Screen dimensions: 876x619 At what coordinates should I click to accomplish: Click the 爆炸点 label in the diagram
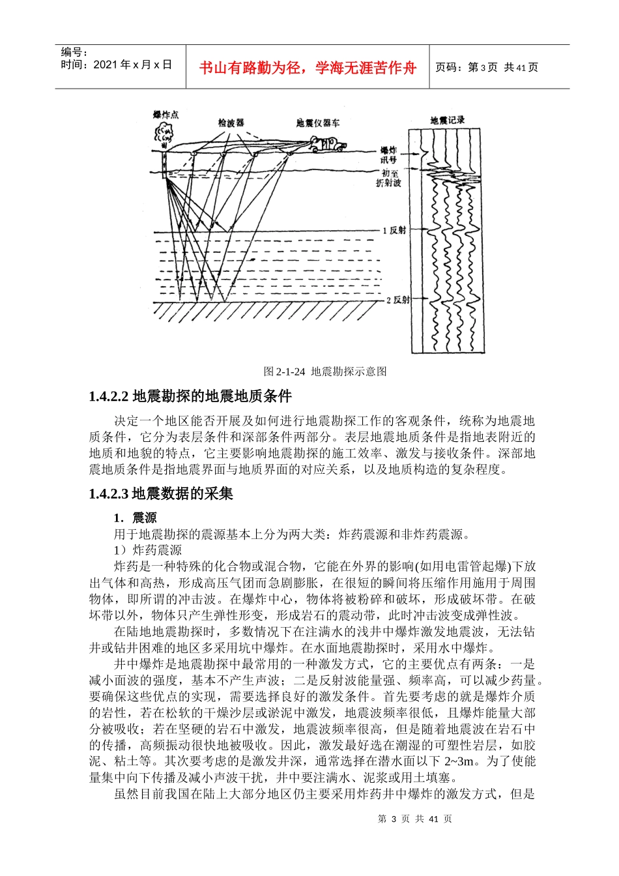pyautogui.click(x=166, y=115)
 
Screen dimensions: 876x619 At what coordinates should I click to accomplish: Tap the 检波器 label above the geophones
pyautogui.click(x=231, y=123)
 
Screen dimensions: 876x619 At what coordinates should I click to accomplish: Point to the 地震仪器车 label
pyautogui.click(x=317, y=123)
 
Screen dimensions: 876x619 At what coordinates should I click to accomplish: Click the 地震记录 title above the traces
pyautogui.click(x=447, y=120)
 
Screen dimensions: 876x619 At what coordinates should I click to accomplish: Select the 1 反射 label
pyautogui.click(x=394, y=231)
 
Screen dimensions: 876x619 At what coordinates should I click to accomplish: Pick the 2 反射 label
pyautogui.click(x=398, y=300)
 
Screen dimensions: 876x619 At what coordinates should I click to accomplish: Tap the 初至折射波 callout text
pyautogui.click(x=389, y=179)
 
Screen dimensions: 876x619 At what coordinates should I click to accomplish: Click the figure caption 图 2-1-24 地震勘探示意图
pyautogui.click(x=325, y=372)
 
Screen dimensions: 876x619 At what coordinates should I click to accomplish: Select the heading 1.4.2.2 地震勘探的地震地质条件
pyautogui.click(x=190, y=396)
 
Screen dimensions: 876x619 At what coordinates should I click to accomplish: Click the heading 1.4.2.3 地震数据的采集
pyautogui.click(x=161, y=494)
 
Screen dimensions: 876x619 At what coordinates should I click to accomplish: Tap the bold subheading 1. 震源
pyautogui.click(x=135, y=518)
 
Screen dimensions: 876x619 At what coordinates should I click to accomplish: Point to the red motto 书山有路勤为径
pyautogui.click(x=308, y=68)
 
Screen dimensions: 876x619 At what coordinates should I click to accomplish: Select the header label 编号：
pyautogui.click(x=74, y=52)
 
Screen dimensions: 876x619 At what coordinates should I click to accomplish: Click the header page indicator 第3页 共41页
pyautogui.click(x=487, y=67)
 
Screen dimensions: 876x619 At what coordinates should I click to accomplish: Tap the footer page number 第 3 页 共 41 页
pyautogui.click(x=414, y=819)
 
